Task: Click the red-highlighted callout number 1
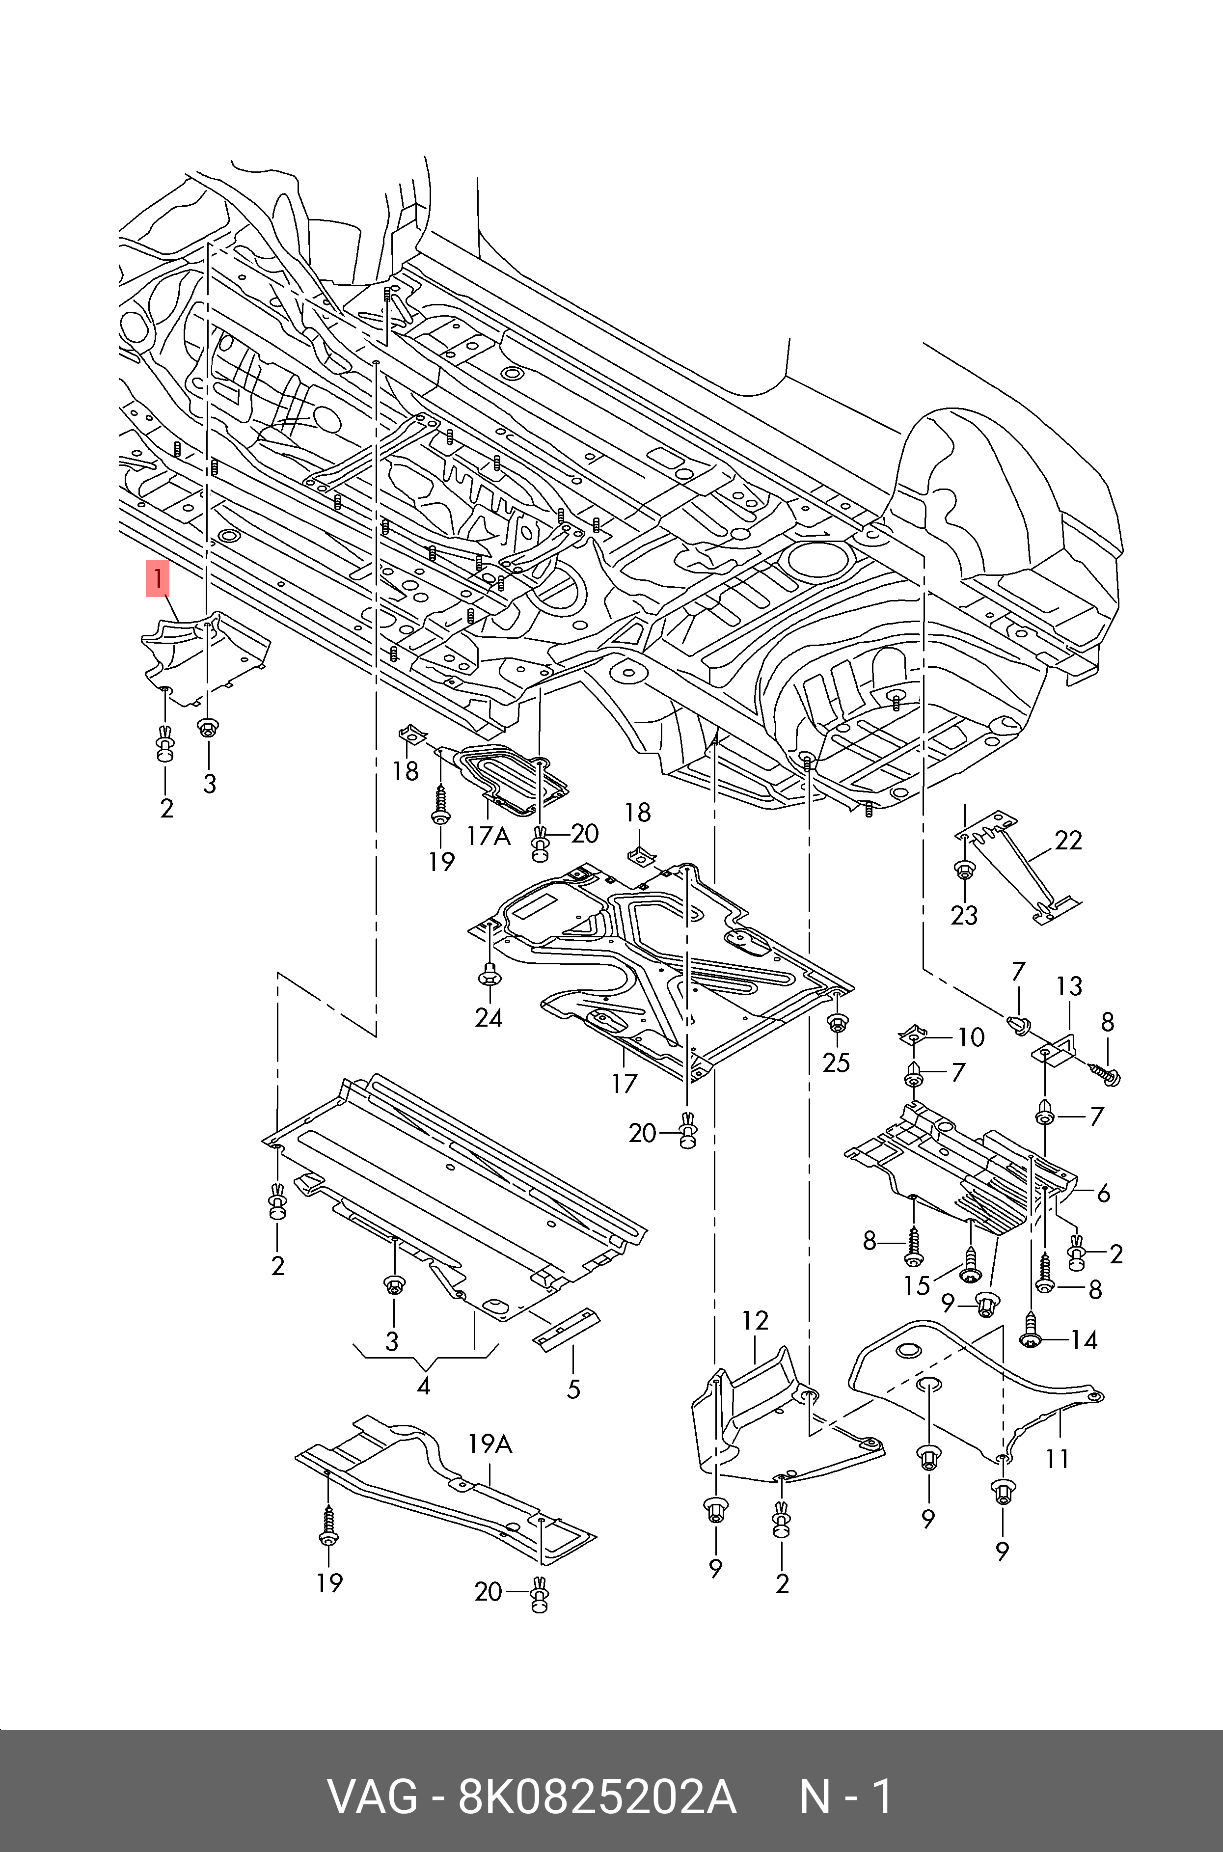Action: [x=158, y=579]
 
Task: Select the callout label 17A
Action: [x=488, y=837]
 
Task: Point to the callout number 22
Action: [x=1068, y=840]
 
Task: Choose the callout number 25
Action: [x=836, y=1062]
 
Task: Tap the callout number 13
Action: [x=1069, y=986]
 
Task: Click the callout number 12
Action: [x=755, y=1320]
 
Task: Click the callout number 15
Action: [x=917, y=1285]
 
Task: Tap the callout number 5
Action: [x=573, y=1389]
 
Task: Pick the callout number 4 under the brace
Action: [x=424, y=1386]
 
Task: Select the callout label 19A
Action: [x=490, y=1444]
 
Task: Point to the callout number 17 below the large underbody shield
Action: [x=624, y=1083]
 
